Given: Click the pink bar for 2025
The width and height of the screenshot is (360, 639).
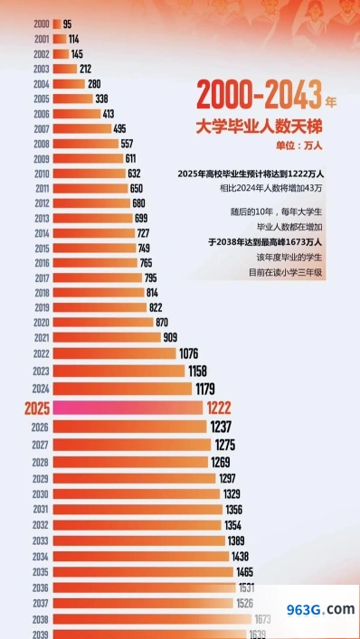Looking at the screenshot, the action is point(128,408).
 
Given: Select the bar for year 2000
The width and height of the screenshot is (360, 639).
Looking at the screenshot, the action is point(57,24).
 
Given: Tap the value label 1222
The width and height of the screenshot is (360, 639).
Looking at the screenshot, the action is point(219,408).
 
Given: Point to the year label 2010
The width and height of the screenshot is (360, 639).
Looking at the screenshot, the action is point(42,174).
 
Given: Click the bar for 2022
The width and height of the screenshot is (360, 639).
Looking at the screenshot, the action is point(115,353).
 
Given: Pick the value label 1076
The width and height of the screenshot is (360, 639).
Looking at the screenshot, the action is point(189,353).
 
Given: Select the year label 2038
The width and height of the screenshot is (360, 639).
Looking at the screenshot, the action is point(41,620).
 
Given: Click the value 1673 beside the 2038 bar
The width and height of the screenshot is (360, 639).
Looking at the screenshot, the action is point(263,620).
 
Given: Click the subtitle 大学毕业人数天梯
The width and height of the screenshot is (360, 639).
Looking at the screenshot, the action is point(259,127).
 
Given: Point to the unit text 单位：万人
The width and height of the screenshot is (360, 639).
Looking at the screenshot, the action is point(298,146).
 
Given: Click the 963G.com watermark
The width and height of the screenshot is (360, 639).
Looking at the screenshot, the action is point(320,610).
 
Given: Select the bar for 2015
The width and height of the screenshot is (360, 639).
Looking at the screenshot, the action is point(95,249).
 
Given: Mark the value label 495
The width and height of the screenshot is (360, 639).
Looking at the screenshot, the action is point(120,129).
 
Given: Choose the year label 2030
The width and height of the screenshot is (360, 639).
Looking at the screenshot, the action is point(41,494).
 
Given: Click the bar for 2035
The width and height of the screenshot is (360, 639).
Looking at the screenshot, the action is point(143,572).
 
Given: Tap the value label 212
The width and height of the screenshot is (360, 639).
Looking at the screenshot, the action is point(85,70).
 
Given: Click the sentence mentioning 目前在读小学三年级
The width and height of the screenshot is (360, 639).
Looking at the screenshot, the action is point(286,273).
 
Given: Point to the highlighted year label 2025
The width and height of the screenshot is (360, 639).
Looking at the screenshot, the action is point(37,409).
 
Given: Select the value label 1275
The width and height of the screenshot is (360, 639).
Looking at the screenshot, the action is point(225,445).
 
